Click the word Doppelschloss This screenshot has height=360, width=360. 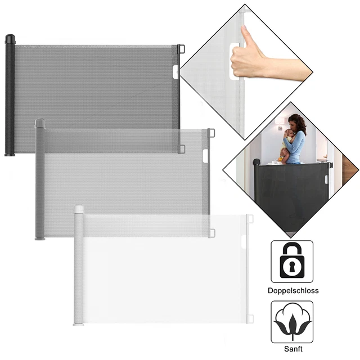293,291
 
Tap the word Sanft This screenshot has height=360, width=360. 293,349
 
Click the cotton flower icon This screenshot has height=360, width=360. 292,321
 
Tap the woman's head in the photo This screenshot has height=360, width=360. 296,123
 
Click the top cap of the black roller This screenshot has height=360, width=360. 10,39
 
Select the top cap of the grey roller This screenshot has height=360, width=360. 40,123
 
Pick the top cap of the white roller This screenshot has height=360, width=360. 79,209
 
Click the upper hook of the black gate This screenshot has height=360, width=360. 181,49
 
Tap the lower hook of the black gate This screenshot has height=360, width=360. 182,149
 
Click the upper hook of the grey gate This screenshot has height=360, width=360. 211,133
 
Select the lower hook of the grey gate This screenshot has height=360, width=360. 212,233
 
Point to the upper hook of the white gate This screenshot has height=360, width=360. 250,219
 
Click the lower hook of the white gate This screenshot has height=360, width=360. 250,319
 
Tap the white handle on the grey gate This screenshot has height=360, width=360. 205,156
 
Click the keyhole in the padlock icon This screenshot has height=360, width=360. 292,266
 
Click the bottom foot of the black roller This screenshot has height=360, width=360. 10,155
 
